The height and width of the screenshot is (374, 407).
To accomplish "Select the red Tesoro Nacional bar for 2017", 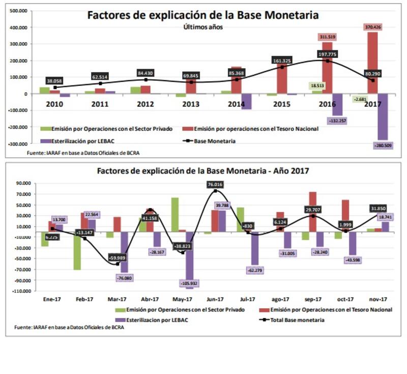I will pos(372,63).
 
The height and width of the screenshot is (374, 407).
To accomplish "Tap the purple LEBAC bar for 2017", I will pos(382,117).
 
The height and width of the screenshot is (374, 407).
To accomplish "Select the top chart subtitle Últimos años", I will pos(202,26).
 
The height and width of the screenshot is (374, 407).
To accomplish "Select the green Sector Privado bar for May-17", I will pos(175,214).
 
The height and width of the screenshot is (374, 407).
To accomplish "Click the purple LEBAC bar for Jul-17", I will pos(255,249).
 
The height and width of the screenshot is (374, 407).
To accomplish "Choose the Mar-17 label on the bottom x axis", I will pos(118,299).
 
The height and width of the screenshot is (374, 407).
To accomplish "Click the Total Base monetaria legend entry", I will pos(293,320).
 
